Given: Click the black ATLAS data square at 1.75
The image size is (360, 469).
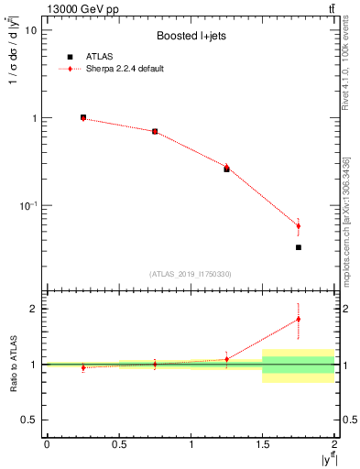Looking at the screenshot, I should pyautogui.click(x=299, y=247).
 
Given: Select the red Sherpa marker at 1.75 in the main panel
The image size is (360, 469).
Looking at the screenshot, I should pyautogui.click(x=299, y=225).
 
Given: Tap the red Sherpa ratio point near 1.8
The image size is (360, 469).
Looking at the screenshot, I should pyautogui.click(x=299, y=319).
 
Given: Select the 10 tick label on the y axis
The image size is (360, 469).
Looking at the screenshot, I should pyautogui.click(x=30, y=30).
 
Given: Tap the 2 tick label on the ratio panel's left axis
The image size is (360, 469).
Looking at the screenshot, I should pyautogui.click(x=33, y=309).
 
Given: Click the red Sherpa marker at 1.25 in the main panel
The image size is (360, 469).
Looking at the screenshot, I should pyautogui.click(x=227, y=166).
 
